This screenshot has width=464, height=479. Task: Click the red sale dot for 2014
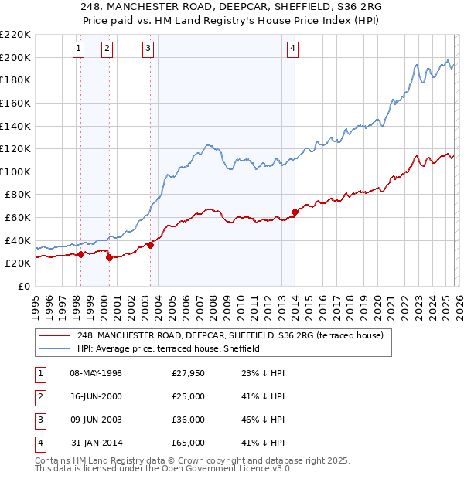click(295, 212)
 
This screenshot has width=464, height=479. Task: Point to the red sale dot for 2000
click(109, 257)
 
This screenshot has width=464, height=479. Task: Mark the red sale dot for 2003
click(150, 245)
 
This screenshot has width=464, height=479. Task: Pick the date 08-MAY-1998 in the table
click(96, 373)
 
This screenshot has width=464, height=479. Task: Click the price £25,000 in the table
click(189, 396)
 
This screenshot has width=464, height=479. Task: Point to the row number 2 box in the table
click(39, 396)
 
